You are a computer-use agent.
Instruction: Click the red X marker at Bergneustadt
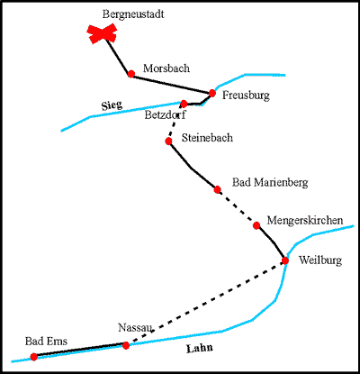tap(102, 33)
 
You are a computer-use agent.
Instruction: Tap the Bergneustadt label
tap(133, 14)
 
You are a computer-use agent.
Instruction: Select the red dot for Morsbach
tap(131, 74)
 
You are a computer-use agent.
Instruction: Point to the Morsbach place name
tap(166, 68)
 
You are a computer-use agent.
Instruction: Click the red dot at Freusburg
tap(212, 93)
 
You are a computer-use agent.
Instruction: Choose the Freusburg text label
tap(246, 96)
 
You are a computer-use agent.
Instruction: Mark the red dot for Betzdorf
tap(184, 104)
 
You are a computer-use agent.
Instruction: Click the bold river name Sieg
tap(112, 105)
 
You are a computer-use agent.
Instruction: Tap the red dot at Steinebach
tap(168, 141)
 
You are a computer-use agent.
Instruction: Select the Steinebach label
tap(207, 138)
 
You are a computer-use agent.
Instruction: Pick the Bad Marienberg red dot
tap(218, 189)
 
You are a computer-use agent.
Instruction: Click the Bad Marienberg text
tap(270, 183)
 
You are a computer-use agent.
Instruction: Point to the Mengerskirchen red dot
tap(256, 225)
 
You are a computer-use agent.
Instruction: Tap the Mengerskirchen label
tap(305, 221)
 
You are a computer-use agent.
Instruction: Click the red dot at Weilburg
tap(285, 260)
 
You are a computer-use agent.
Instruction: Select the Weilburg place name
tap(320, 260)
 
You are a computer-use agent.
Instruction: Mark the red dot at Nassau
tap(126, 345)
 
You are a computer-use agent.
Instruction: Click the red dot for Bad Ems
tap(33, 357)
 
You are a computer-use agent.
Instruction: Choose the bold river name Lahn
tap(200, 348)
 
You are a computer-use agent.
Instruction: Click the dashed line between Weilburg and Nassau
tap(205, 303)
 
